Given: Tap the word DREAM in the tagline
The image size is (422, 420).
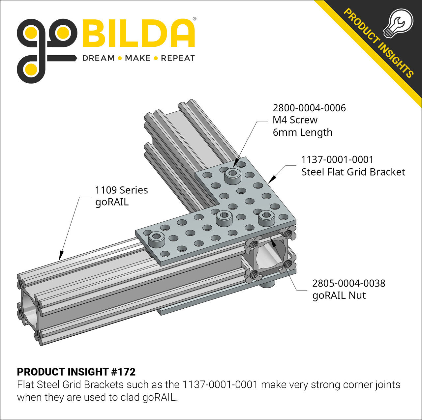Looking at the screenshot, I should [x=98, y=58].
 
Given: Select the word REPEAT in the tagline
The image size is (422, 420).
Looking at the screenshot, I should [x=178, y=58].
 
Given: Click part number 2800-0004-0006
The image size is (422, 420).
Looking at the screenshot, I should [x=309, y=108].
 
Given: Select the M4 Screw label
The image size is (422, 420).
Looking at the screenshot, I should [x=295, y=120].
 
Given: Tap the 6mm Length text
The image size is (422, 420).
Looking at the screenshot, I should [x=302, y=132].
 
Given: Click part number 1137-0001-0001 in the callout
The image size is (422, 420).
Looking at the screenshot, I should [x=337, y=160].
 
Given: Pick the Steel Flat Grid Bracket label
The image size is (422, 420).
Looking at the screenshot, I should [x=353, y=172].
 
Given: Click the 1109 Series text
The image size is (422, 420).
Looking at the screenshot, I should [x=121, y=190].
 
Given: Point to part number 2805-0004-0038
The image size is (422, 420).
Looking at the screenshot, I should [x=348, y=283].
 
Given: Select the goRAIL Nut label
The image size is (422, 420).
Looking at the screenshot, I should [x=339, y=295].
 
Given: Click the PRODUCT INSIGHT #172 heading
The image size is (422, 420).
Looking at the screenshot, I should [x=76, y=372].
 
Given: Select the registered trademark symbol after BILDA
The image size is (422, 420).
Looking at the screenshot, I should [x=195, y=19].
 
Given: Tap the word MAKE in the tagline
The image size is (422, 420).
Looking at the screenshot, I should [x=137, y=58].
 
